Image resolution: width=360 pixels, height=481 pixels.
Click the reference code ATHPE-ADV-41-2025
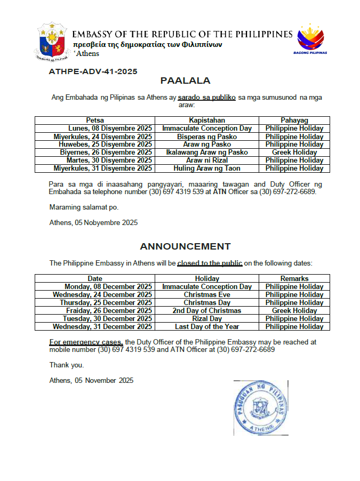coord(93,71)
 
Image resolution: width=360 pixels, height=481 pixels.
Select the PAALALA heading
coord(185,81)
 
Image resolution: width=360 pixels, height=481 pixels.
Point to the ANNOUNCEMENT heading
coord(185,246)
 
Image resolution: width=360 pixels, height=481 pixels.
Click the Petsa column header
coord(95,121)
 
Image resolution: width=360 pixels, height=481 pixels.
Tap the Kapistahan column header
coord(207,121)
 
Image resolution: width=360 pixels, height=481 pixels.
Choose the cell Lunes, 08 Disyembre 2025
coord(110,129)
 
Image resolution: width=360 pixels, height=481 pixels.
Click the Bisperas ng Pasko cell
coord(207,137)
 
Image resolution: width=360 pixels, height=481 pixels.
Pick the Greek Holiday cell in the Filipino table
coord(294,153)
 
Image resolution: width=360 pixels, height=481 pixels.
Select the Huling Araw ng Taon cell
coord(207,169)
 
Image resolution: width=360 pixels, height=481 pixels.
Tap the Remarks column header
coord(294,278)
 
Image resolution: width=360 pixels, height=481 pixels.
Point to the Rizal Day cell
coord(207,318)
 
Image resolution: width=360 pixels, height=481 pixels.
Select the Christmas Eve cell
coord(207,294)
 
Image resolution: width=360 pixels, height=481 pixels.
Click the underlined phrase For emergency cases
coord(86,342)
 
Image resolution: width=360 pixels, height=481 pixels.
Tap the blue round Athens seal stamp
coord(261,407)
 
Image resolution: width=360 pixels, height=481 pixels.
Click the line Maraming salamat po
coord(84,207)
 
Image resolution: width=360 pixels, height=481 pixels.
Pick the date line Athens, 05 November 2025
coord(91,380)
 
